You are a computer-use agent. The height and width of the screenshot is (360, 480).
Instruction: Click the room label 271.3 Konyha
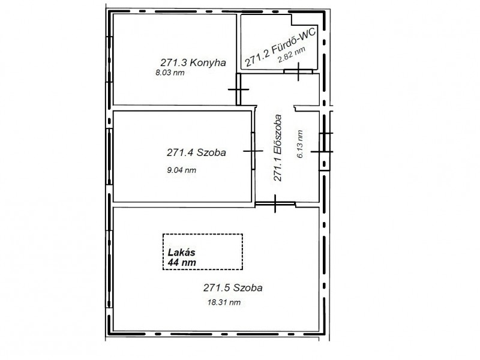click(193, 62)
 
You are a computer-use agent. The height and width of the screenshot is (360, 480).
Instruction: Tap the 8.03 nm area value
click(170, 73)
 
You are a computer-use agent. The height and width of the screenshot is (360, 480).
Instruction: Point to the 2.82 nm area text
click(292, 55)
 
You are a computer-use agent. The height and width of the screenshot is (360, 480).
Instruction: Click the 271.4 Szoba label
click(196, 152)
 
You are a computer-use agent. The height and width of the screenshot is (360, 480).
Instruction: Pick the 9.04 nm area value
click(182, 170)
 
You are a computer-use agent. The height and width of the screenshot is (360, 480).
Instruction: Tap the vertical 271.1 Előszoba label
click(277, 148)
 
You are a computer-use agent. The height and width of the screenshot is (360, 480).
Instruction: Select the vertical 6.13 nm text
click(299, 144)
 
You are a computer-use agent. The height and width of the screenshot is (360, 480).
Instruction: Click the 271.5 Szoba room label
click(233, 288)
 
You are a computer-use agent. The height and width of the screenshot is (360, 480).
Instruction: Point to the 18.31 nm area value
click(224, 302)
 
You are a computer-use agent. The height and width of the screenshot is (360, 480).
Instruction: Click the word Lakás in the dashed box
click(182, 253)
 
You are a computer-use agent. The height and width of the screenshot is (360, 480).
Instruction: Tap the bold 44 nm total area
click(182, 262)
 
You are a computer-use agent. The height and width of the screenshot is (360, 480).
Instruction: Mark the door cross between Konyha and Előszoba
click(238, 89)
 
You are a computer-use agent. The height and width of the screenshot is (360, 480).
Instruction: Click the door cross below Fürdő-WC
click(298, 71)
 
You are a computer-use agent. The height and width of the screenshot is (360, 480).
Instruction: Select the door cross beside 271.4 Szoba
click(253, 151)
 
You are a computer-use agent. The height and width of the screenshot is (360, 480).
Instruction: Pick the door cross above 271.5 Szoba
click(275, 203)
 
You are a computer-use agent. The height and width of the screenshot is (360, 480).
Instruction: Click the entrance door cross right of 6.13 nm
click(322, 152)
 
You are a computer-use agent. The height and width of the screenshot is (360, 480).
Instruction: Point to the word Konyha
click(208, 63)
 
